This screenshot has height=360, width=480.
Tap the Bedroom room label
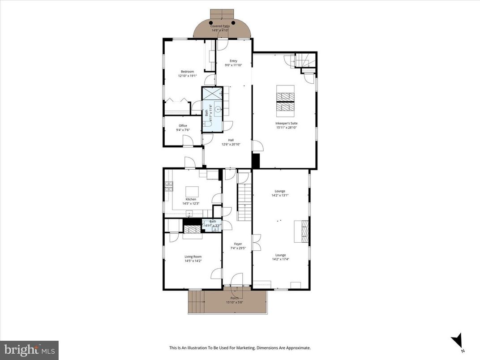tap(187, 72)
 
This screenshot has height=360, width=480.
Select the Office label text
tap(183, 126)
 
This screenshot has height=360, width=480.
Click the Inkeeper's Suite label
tap(287, 123)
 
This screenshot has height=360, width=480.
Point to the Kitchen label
tap(191, 199)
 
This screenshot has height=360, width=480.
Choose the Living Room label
tap(193, 257)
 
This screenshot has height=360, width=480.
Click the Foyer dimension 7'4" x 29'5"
tap(237, 249)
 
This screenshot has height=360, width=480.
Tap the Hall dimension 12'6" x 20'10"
tap(231, 145)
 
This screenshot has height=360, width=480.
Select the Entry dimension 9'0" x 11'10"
tap(233, 65)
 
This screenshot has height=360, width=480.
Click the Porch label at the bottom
tap(234, 298)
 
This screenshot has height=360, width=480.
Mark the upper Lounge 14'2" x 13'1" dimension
tap(280, 195)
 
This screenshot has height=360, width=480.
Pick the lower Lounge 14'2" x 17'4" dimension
tap(280, 259)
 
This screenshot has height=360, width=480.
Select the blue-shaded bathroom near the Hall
tap(212, 110)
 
